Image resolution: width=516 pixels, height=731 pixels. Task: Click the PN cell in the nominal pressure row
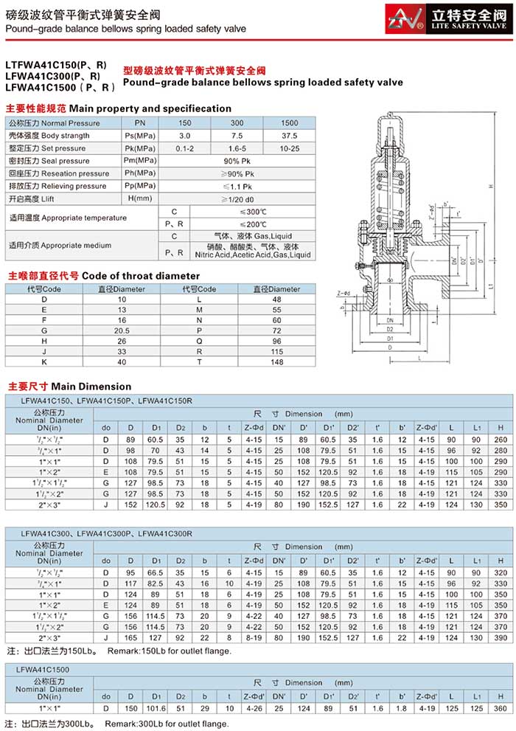click(x=140, y=123)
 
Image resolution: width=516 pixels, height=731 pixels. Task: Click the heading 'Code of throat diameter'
click(x=139, y=276)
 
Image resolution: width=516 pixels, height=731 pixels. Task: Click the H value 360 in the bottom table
click(x=501, y=707)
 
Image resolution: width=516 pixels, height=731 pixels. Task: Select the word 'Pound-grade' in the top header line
click(x=29, y=30)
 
